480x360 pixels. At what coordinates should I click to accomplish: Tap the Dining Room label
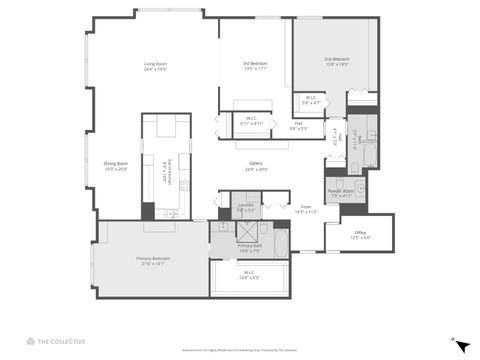(x=115, y=166)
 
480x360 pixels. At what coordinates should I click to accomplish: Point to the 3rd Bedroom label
(x=255, y=66)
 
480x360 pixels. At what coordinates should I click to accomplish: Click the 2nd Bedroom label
(x=335, y=61)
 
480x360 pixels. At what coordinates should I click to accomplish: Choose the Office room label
(x=360, y=235)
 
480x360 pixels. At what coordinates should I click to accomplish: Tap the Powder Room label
(x=341, y=194)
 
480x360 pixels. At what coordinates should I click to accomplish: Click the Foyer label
(x=305, y=210)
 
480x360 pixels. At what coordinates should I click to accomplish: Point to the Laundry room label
(x=244, y=210)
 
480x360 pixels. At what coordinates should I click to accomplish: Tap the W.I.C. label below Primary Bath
(x=247, y=276)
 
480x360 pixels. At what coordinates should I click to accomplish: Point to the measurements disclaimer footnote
(x=240, y=349)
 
